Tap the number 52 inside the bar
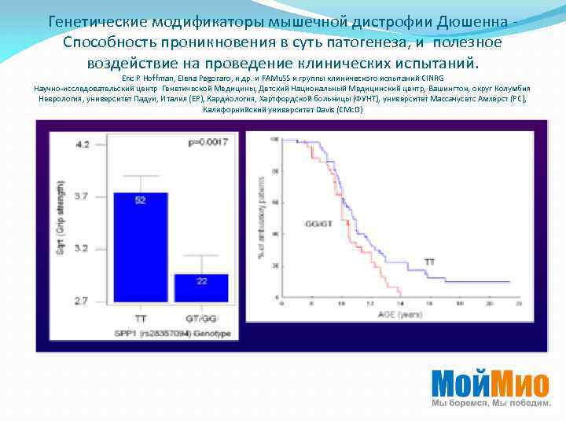tap(141, 201)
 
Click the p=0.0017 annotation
tap(207, 143)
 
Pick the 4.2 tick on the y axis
tap(83, 144)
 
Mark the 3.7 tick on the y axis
tap(83, 196)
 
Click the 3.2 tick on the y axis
tap(83, 248)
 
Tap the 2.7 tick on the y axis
tap(83, 301)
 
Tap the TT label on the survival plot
tap(430, 260)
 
